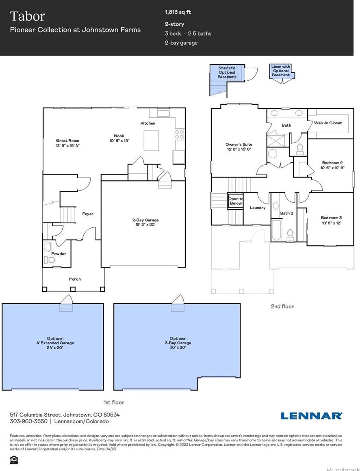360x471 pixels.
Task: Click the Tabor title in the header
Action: [27, 16]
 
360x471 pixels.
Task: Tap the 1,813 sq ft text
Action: [178, 12]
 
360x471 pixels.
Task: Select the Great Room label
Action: [67, 143]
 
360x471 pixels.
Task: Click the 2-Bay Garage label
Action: [143, 222]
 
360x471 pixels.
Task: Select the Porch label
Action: [75, 279]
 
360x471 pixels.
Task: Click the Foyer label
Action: [88, 214]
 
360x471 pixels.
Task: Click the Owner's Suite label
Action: [239, 147]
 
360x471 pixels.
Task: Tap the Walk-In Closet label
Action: [328, 123]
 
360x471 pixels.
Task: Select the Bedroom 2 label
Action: [333, 165]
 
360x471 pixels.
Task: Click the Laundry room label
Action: [258, 208]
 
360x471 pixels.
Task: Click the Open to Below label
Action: [236, 201]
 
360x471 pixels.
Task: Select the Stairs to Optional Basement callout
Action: [227, 73]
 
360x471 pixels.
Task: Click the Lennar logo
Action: [311, 415]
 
